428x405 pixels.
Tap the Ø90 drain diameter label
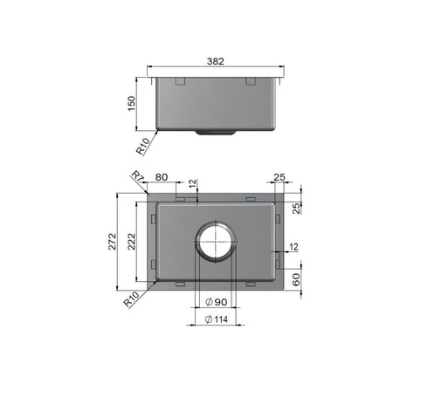tap(217, 302)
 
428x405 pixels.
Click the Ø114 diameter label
tap(217, 319)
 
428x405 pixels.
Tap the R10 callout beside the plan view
tap(132, 299)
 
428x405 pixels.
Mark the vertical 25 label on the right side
tap(297, 206)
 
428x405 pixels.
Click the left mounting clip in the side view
tap(181, 82)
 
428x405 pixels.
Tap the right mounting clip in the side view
tap(251, 82)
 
